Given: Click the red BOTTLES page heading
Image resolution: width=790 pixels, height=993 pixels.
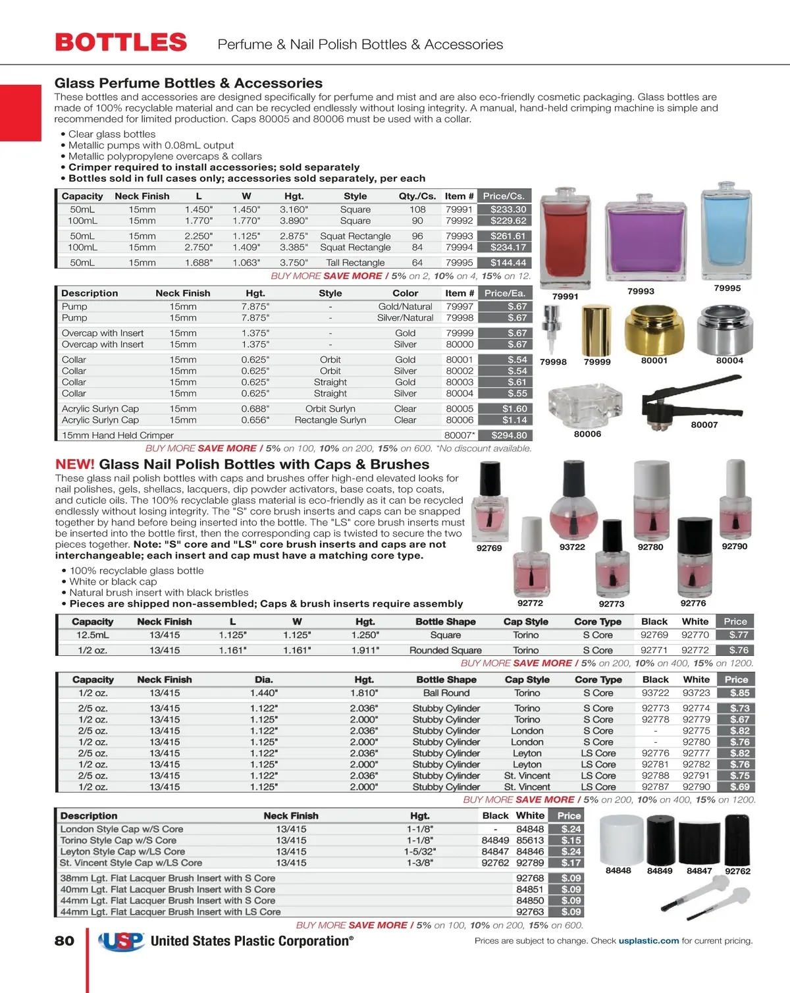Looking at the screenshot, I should pos(121,43).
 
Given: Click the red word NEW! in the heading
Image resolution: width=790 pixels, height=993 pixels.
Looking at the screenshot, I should pos(75,464).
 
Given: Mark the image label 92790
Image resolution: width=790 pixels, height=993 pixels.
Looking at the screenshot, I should pos(734,547).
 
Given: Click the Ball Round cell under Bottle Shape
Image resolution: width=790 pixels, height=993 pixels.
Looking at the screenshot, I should pos(446,693).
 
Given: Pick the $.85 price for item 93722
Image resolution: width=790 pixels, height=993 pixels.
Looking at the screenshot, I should pos(739,693).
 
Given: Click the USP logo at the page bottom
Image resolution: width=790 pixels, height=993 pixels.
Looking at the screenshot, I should pos(122,941).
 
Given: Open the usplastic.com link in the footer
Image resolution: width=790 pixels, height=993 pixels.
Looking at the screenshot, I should pos(648,941).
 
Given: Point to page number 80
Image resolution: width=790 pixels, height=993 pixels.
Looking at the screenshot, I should pos(65,941).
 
